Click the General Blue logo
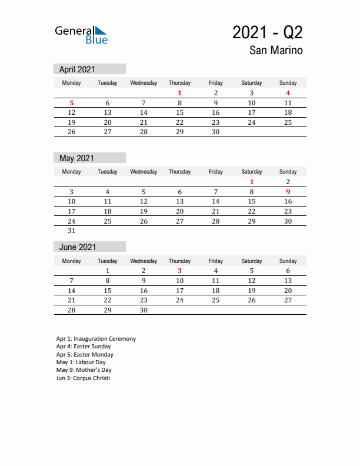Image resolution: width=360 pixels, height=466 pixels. tap(81, 35)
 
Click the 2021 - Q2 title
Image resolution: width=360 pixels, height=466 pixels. tap(268, 32)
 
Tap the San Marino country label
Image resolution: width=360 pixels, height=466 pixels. tap(276, 51)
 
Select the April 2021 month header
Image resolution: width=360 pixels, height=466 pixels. tap(78, 69)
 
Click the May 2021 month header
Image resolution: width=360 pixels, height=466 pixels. tap(76, 158)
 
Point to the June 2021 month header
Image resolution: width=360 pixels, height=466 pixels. tap(78, 247)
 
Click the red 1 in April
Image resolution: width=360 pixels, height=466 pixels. tap(179, 93)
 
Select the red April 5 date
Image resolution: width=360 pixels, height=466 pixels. tap(72, 103)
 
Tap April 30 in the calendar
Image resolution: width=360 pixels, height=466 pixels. tap(215, 132)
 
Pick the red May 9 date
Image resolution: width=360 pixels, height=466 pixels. tap(288, 192)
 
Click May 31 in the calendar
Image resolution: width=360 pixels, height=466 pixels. tap(72, 231)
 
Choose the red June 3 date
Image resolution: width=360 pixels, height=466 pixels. tap(179, 271)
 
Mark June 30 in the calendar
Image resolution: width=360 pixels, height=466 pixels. tap(144, 310)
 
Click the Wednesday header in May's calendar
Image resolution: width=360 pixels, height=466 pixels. tap(144, 172)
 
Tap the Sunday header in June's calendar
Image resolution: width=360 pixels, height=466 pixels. tap(288, 261)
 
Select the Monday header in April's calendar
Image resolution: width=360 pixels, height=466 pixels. tap(72, 83)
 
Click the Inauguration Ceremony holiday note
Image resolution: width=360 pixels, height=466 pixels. tap(96, 339)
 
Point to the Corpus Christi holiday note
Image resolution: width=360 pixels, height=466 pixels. tap(83, 378)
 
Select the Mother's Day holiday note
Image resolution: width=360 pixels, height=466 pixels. tap(84, 370)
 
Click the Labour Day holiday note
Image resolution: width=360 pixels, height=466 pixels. tap(81, 362)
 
